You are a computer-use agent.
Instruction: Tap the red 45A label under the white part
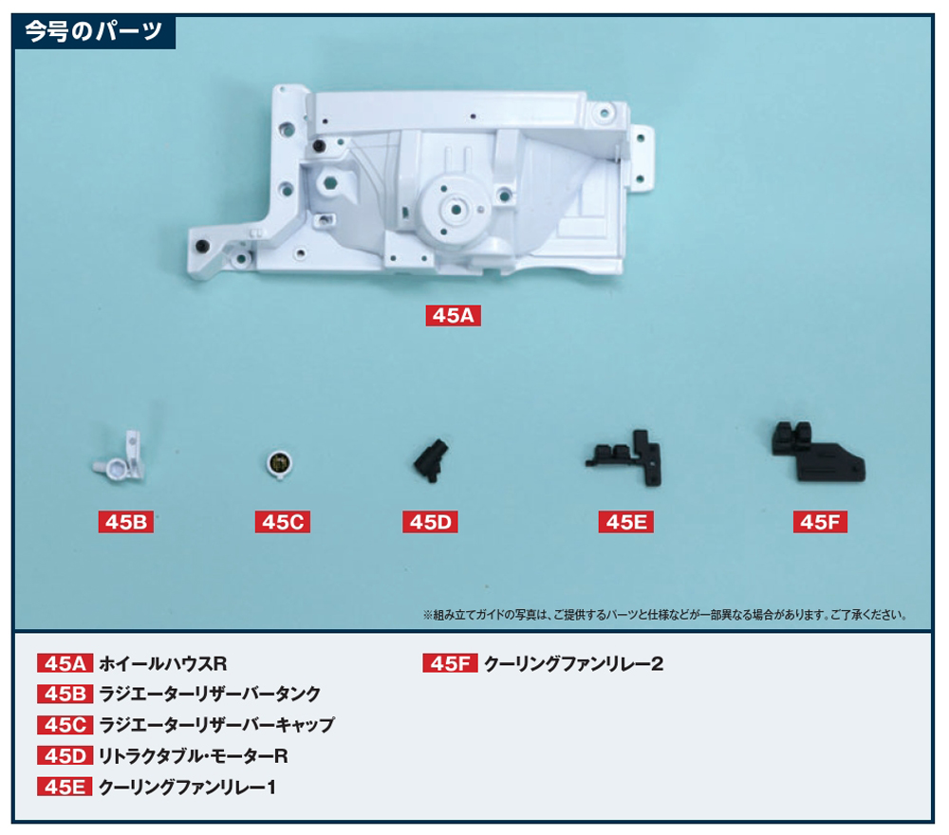pos(453,315)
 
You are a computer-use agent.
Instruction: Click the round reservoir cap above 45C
pos(279,464)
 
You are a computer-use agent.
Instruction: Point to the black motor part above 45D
pos(431,460)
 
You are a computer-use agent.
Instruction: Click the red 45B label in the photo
pos(126,522)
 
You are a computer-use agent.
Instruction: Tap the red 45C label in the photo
pos(283,522)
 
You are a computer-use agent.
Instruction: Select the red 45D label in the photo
pos(430,522)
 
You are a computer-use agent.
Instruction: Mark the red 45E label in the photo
pos(625,522)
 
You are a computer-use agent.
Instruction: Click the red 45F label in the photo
pos(820,522)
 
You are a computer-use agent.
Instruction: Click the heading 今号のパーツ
pos(94,31)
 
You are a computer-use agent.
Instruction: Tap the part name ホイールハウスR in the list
pos(163,664)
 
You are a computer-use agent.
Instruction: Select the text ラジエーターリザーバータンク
pos(210,694)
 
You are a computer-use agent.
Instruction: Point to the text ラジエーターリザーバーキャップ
pos(216,725)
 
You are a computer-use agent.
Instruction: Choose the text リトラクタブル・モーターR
pos(193,756)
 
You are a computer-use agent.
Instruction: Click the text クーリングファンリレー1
pos(187,788)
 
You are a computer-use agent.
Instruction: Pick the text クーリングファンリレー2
pos(574,664)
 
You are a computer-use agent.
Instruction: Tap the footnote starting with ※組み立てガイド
pos(665,615)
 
